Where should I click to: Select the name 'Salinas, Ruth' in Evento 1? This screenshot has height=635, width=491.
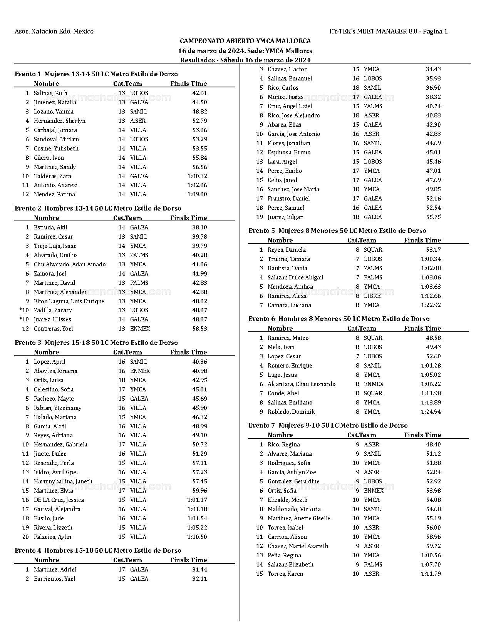50,93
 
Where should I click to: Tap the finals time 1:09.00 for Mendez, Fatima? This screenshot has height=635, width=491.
197,194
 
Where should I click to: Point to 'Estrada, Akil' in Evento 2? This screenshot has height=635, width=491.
50,227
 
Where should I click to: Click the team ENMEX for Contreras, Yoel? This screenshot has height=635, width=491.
140,329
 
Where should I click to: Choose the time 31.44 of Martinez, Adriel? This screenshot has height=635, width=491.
199,570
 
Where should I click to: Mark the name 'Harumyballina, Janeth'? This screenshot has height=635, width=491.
63,481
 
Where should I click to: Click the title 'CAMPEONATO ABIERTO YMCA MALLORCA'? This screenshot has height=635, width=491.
245,41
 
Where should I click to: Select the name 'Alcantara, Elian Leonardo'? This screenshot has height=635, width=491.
302,384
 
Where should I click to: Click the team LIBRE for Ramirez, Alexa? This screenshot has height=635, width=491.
372,296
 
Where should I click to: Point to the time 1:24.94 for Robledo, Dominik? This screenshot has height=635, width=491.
431,412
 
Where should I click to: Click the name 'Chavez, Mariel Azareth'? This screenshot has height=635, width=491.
298,546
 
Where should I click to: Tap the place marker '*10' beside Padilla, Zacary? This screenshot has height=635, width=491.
24,310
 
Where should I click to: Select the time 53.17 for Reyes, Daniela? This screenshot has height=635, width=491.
433,250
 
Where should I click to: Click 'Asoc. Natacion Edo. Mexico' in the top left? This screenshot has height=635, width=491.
54,31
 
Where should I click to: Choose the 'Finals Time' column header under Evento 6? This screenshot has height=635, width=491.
422,328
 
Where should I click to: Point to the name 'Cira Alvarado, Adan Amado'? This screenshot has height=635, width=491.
70,264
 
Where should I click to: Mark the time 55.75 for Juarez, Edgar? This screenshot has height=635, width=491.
433,217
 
